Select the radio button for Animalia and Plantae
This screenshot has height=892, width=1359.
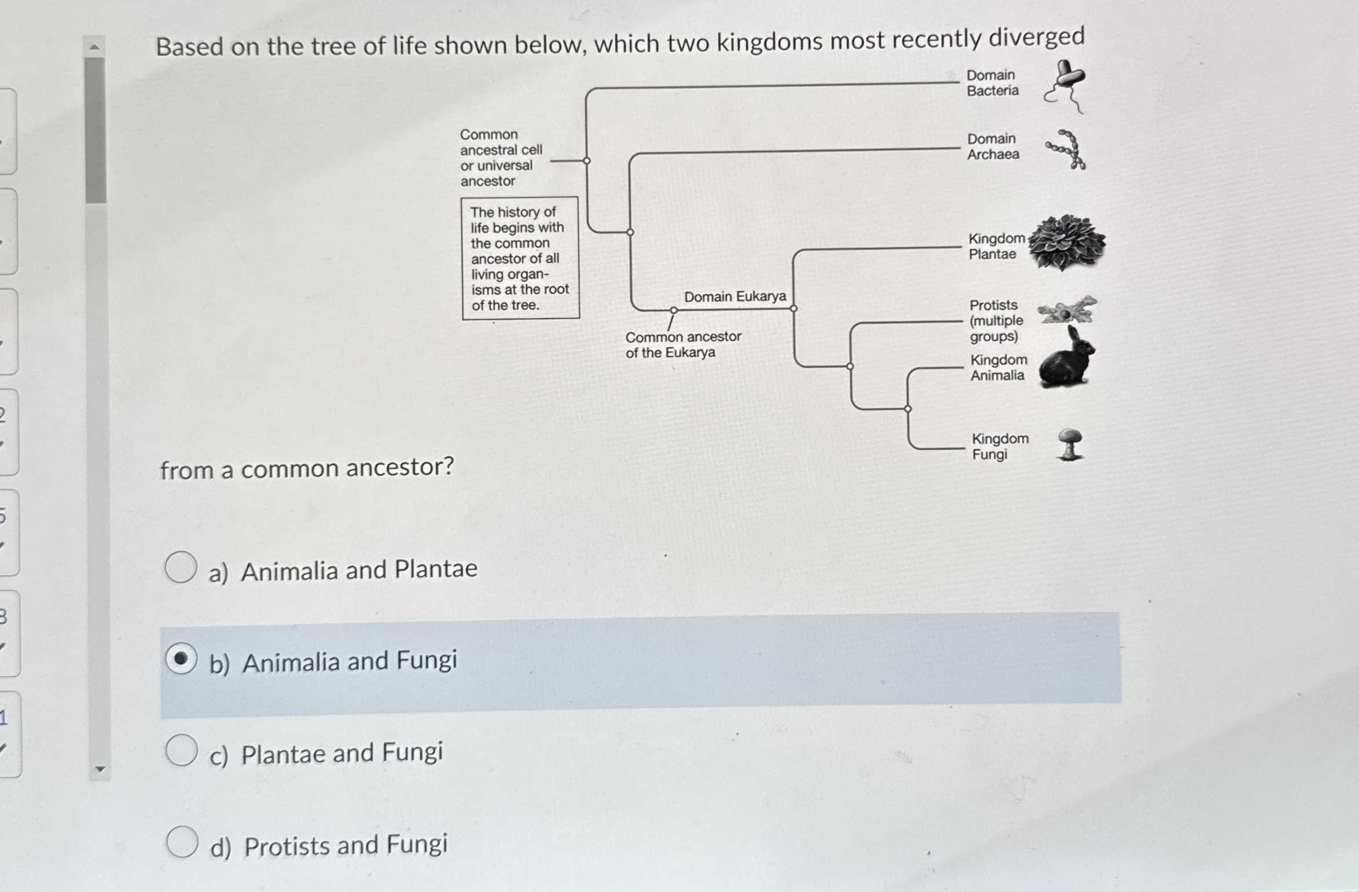click(181, 567)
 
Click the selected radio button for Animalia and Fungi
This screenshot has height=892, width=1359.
click(181, 659)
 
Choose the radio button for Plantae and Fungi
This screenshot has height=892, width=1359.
click(181, 750)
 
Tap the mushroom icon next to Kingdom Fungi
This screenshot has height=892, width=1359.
click(1070, 445)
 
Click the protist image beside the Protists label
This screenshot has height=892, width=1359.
click(1067, 310)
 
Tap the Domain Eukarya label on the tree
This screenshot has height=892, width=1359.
click(735, 296)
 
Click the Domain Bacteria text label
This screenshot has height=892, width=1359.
click(992, 83)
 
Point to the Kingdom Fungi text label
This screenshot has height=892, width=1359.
click(1000, 446)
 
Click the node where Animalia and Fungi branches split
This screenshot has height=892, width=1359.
click(908, 409)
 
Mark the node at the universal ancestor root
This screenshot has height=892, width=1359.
click(586, 160)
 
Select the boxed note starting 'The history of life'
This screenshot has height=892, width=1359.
click(520, 258)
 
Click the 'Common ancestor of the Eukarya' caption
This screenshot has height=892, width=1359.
click(683, 344)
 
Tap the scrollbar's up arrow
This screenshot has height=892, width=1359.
click(96, 46)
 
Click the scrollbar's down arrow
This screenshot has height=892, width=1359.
click(100, 769)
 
